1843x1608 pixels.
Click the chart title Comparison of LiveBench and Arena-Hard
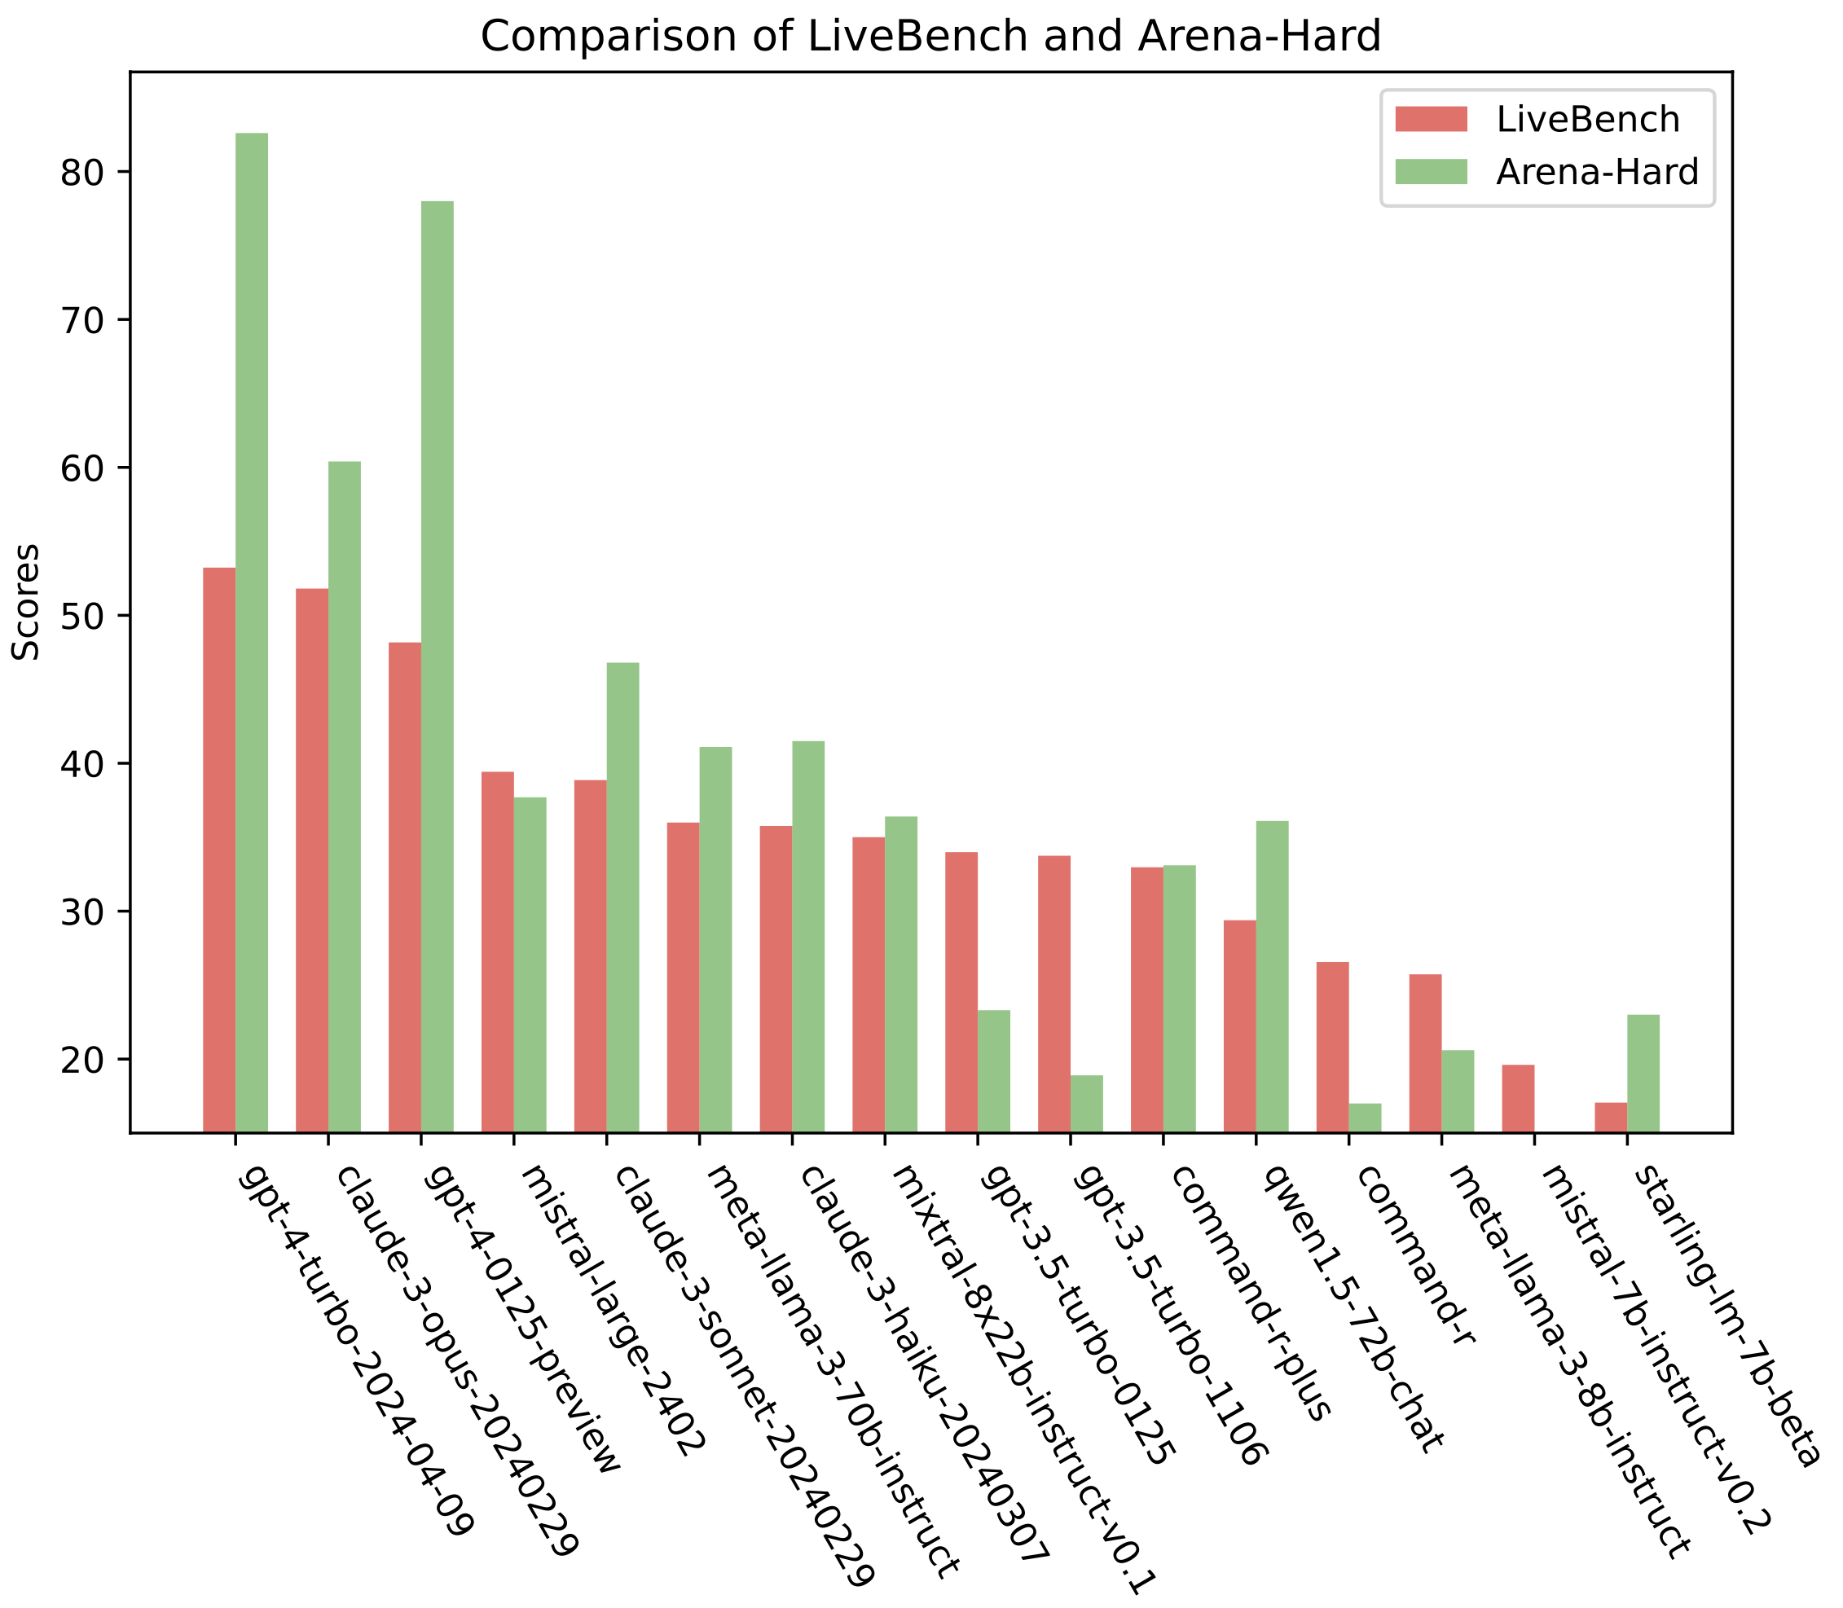(930, 37)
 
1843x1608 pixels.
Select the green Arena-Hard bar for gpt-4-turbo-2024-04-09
(252, 633)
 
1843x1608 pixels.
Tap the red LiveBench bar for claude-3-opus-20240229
(312, 859)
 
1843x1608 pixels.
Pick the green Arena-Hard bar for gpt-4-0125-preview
(438, 666)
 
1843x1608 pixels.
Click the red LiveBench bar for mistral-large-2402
(498, 952)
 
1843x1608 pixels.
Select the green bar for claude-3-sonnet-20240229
(623, 898)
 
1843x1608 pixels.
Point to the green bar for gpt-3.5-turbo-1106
(1087, 1104)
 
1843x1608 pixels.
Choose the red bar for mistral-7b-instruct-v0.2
(1518, 1098)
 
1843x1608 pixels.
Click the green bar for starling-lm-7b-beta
(1643, 1073)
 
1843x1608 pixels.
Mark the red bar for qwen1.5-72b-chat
(1240, 1026)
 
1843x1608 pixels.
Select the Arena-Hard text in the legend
(1597, 171)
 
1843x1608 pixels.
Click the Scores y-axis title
(27, 602)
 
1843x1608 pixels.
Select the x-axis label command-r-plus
(1247, 1293)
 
